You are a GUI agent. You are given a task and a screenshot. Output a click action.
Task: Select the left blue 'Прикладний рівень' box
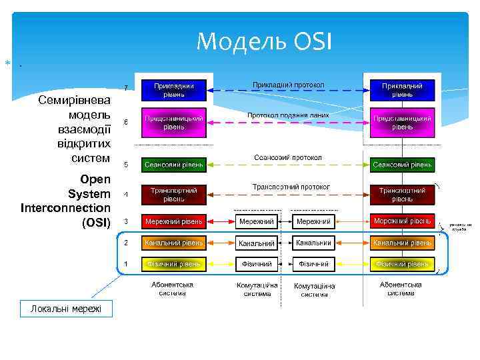point(174,90)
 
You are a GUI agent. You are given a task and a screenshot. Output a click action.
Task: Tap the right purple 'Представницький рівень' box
point(401,123)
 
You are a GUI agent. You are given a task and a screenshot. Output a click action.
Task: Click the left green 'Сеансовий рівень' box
point(174,164)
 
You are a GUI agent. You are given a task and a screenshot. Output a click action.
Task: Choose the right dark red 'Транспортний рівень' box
point(401,195)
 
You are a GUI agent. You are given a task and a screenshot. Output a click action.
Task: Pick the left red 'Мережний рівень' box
point(174,221)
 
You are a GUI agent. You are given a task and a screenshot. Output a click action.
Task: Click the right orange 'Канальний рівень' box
point(401,243)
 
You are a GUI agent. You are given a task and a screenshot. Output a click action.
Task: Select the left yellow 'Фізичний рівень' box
point(174,264)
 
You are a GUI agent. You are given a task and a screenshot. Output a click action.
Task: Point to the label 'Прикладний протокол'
point(288,85)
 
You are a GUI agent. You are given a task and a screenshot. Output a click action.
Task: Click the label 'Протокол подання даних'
point(288,115)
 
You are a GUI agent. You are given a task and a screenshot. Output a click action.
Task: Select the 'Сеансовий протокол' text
point(288,157)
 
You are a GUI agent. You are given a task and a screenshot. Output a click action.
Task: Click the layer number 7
point(126,87)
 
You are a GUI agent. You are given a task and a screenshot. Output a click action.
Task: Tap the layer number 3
point(126,221)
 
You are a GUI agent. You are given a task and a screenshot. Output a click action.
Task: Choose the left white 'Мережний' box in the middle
point(257,221)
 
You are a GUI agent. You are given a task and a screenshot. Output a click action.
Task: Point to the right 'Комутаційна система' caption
point(314,290)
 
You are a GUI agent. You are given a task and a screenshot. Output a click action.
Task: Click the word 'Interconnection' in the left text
point(66,208)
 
